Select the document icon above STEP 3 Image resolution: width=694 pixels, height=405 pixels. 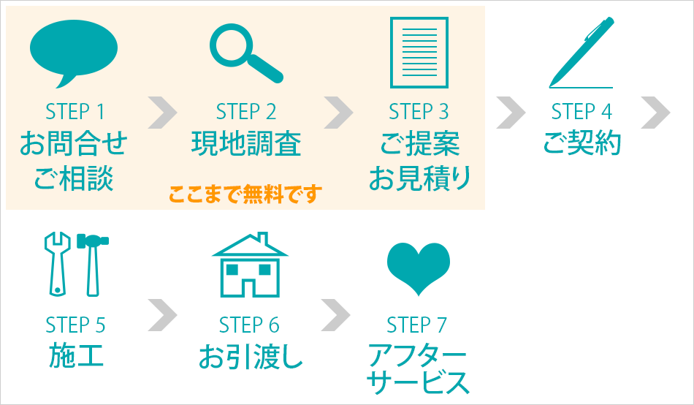click(x=419, y=52)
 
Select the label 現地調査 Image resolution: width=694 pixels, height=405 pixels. click(x=245, y=143)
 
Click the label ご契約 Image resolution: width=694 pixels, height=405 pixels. click(x=581, y=143)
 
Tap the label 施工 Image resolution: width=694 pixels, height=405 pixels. click(x=75, y=355)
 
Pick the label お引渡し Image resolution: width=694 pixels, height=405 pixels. click(x=250, y=357)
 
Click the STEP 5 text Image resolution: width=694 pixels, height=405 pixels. click(x=75, y=324)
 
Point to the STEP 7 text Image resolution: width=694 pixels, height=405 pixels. click(x=416, y=324)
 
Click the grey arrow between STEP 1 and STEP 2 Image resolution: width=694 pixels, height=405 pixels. click(x=162, y=111)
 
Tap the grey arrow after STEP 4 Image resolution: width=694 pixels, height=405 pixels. click(x=655, y=111)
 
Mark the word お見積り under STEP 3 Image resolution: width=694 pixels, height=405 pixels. click(x=419, y=178)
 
